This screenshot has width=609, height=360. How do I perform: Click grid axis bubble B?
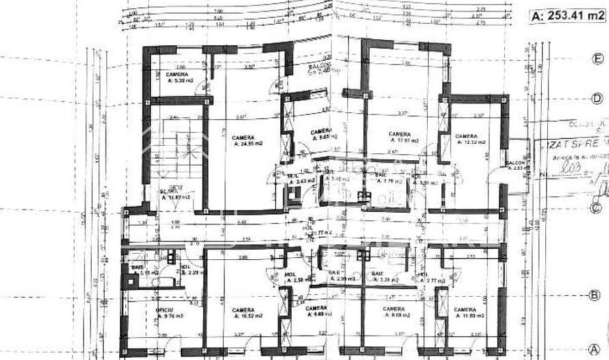pos(595,296)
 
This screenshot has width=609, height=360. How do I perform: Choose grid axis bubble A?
pos(595,346)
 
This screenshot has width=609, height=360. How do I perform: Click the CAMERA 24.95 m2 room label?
pos(243,141)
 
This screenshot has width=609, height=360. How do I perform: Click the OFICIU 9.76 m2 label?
pos(166,314)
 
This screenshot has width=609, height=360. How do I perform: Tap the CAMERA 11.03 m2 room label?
pos(467,314)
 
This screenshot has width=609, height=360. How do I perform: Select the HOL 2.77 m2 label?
pos(434,277)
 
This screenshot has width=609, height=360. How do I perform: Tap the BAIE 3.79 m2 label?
pos(384,179)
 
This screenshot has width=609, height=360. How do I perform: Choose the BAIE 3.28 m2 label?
pos(380,277)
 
